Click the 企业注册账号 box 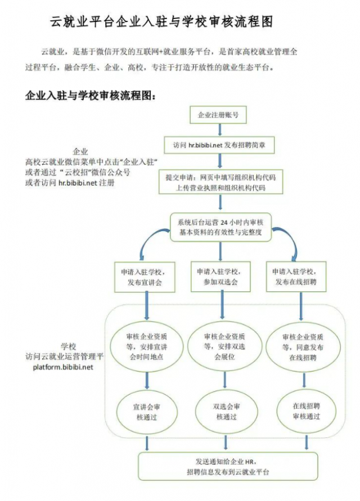click(x=218, y=115)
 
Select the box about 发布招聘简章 click(x=223, y=145)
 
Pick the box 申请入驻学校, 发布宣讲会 click(x=147, y=276)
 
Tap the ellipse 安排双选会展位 click(x=224, y=346)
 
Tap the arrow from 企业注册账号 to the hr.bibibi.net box click(x=218, y=130)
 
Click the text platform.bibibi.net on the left click(x=62, y=367)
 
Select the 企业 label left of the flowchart click(x=80, y=152)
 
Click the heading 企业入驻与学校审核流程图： click(x=90, y=95)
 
